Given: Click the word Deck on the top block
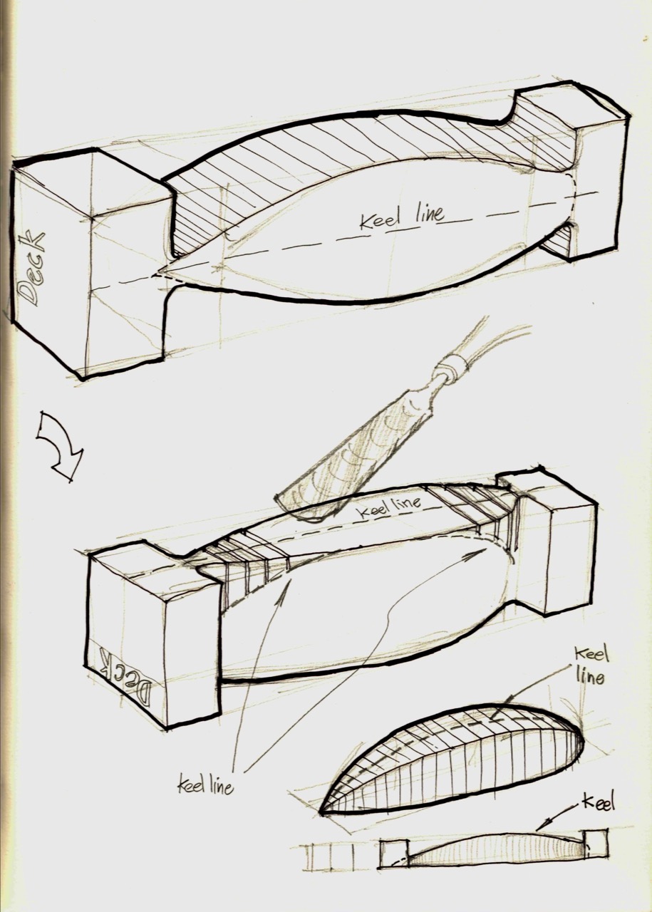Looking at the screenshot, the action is coord(31,268).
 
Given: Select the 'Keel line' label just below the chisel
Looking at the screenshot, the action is coord(388,506).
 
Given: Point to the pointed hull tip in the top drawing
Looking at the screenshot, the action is coord(157,274).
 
